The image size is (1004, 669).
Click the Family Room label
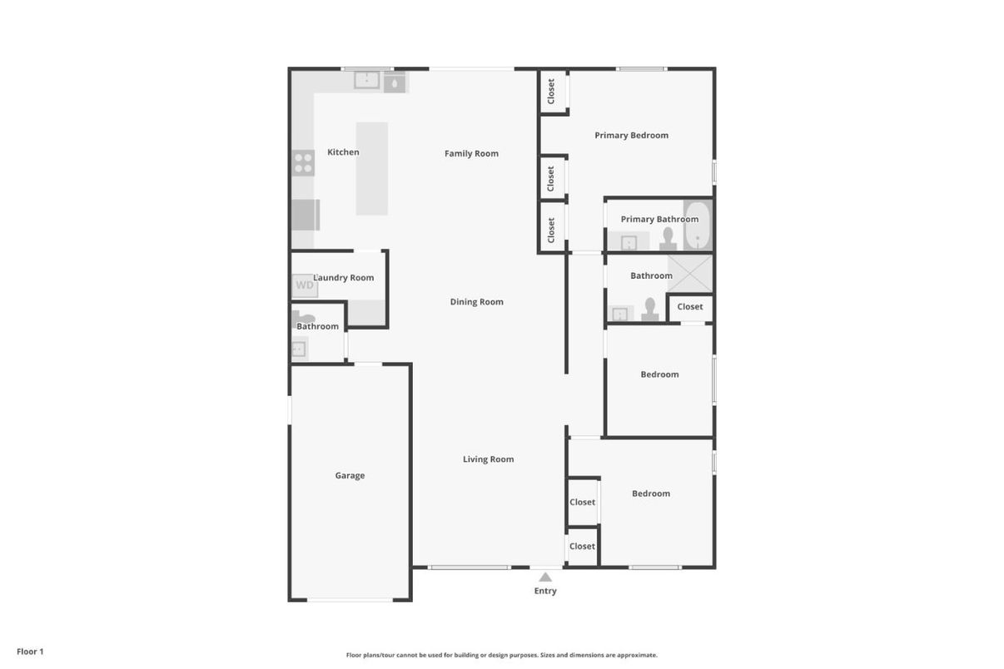pyautogui.click(x=471, y=153)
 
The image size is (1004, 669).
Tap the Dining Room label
pyautogui.click(x=476, y=302)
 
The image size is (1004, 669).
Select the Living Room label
pyautogui.click(x=488, y=459)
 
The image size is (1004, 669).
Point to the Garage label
pyautogui.click(x=350, y=476)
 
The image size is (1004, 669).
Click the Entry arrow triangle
pyautogui.click(x=545, y=577)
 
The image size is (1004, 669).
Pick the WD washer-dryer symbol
pyautogui.click(x=305, y=285)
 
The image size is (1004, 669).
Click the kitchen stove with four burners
pyautogui.click(x=303, y=162)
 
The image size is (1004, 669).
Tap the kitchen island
pyautogui.click(x=372, y=169)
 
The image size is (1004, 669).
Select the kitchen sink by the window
pyautogui.click(x=366, y=80)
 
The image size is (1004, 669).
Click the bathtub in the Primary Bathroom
pyautogui.click(x=697, y=225)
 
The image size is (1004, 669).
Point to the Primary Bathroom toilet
pyautogui.click(x=668, y=240)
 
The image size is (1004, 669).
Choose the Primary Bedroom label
pyautogui.click(x=631, y=136)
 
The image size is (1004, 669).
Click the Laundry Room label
pyautogui.click(x=344, y=278)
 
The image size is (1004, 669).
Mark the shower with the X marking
pyautogui.click(x=690, y=273)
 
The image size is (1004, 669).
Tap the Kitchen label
pyautogui.click(x=343, y=152)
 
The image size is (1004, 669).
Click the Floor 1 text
pyautogui.click(x=30, y=652)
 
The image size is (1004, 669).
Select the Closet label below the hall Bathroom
pyautogui.click(x=689, y=307)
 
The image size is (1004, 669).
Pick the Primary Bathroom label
pyautogui.click(x=659, y=220)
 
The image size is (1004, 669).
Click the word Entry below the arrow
pyautogui.click(x=545, y=592)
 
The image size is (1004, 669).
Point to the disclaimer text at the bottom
pyautogui.click(x=501, y=656)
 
